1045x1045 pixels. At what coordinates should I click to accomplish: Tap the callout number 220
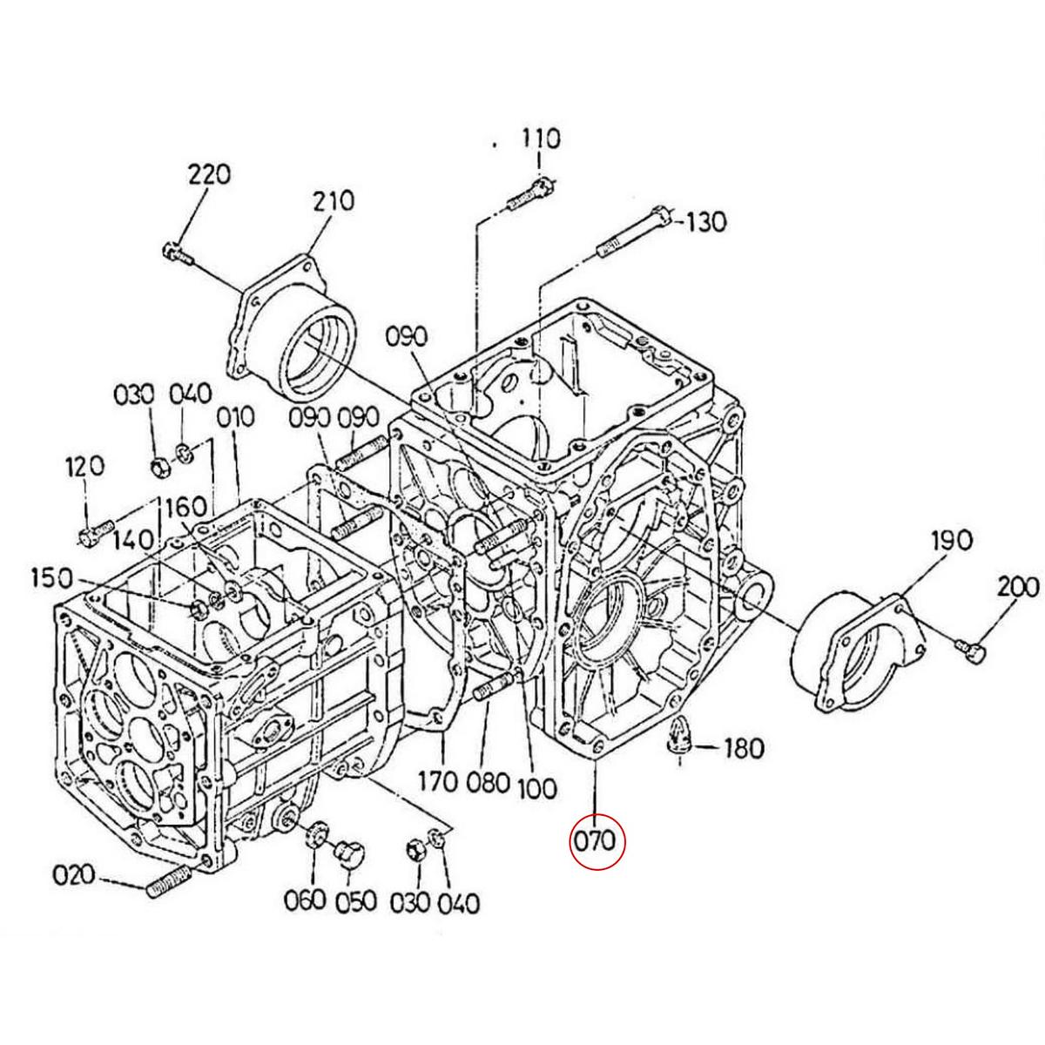(x=209, y=175)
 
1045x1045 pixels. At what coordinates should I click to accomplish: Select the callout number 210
(x=333, y=201)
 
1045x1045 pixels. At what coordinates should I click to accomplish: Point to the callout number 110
(x=541, y=139)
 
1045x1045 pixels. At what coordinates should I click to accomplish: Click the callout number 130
(x=705, y=222)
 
